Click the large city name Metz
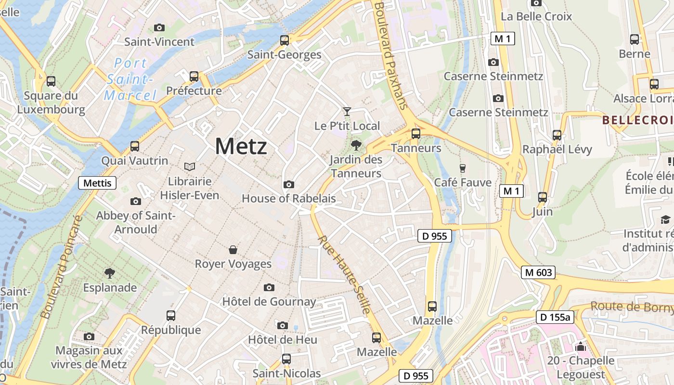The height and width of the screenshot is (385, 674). pos(241,146)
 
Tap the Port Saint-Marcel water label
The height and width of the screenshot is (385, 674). pos(130,79)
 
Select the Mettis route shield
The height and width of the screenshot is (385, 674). pos(97,183)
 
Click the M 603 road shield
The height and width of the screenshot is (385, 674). pos(538,272)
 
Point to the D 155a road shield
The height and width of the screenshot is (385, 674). pos(555,317)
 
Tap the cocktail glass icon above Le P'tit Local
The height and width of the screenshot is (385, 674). pos(347,112)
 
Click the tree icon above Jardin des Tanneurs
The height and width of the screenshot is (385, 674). pos(356,144)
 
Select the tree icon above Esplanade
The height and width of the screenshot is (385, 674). pos(110,273)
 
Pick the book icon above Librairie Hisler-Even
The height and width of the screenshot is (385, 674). pos(190,167)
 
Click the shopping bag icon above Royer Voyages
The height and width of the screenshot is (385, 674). pos(233,249)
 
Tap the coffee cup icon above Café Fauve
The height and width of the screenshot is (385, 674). pos(463,168)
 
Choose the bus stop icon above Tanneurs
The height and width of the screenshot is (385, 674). pos(416,133)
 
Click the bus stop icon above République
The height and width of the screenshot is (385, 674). pos(171,316)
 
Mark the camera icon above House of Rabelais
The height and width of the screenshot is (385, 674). pos(289,184)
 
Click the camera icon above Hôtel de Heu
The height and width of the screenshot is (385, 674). pos(283,325)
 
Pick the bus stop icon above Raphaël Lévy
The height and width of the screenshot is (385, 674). pos(557,135)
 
